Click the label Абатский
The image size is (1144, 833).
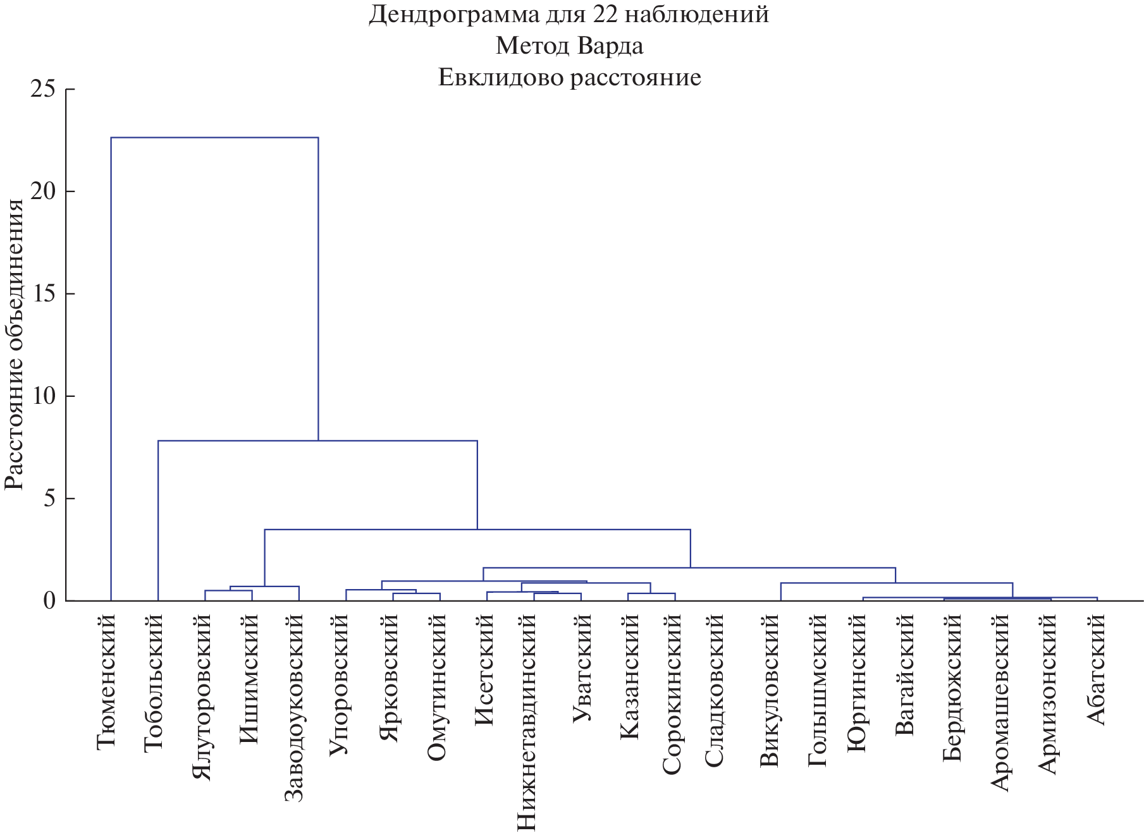pos(1095,669)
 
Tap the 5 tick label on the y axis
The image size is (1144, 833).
pos(51,499)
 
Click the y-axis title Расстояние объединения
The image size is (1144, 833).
pos(14,345)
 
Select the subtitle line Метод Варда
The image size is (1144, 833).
pos(569,46)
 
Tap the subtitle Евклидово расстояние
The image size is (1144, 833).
pos(569,77)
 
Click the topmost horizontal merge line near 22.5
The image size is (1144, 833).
pos(214,137)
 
